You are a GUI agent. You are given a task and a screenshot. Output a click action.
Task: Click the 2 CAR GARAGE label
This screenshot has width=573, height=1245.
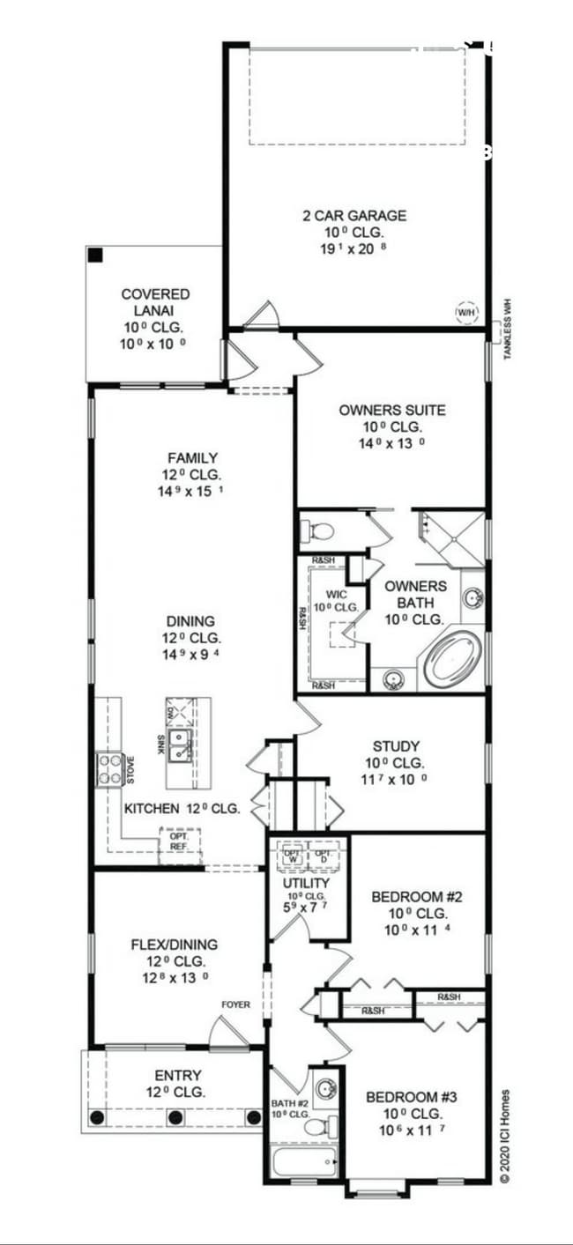(x=352, y=216)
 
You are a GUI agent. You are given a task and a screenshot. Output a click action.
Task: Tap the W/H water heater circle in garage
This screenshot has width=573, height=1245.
(x=466, y=313)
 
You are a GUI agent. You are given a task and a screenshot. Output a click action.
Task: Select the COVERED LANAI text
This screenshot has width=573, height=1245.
(x=155, y=302)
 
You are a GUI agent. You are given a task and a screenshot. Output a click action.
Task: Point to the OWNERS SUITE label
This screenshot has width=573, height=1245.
(x=391, y=410)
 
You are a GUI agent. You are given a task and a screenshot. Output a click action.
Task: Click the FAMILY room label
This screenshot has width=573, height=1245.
(x=192, y=457)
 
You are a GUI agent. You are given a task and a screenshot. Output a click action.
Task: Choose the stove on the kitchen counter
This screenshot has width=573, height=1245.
(x=109, y=768)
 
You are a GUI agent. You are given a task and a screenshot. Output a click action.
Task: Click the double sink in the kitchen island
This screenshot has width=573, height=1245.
(x=182, y=745)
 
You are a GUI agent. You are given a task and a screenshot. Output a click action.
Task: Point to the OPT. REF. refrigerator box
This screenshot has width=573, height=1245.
(x=179, y=841)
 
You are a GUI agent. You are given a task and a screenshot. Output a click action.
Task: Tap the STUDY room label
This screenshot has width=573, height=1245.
(x=395, y=745)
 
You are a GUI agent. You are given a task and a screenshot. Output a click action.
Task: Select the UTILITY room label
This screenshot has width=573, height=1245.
(x=306, y=883)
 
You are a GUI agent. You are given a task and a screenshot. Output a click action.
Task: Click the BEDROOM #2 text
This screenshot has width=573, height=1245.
(x=417, y=897)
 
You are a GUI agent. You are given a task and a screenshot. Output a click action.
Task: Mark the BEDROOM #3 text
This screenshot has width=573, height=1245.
(x=411, y=1097)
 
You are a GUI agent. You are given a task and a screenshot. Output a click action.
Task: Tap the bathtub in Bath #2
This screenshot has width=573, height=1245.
(x=305, y=1162)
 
